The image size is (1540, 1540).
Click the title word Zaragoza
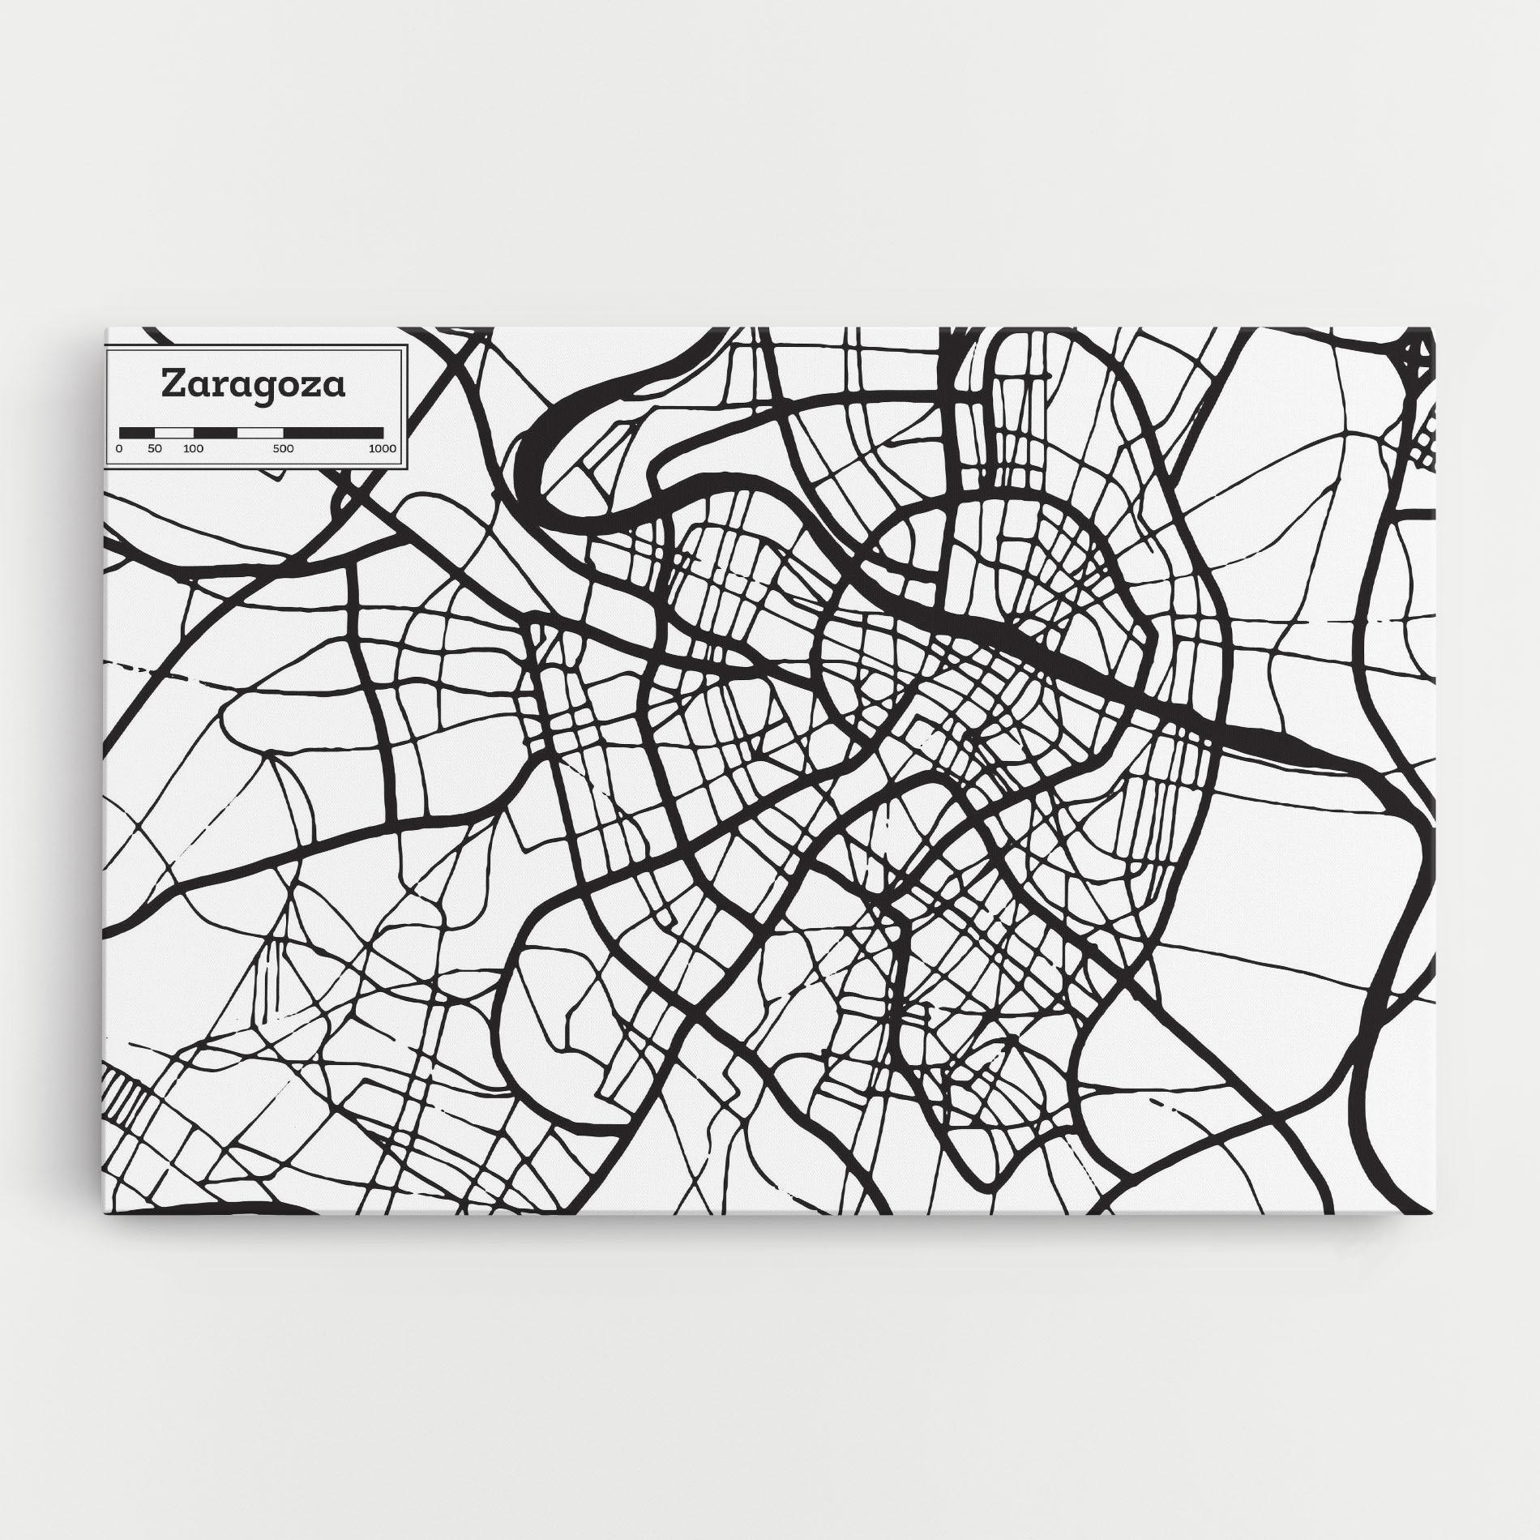coord(254,384)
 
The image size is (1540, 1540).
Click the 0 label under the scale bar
coord(119,448)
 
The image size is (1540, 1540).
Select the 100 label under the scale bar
coord(193,448)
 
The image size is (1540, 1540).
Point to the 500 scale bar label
coord(283,448)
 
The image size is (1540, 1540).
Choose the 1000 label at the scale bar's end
coord(382,448)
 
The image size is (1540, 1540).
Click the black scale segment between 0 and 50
coord(137,432)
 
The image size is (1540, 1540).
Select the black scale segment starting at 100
coord(215,432)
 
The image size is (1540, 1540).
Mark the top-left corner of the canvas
coord(105,328)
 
